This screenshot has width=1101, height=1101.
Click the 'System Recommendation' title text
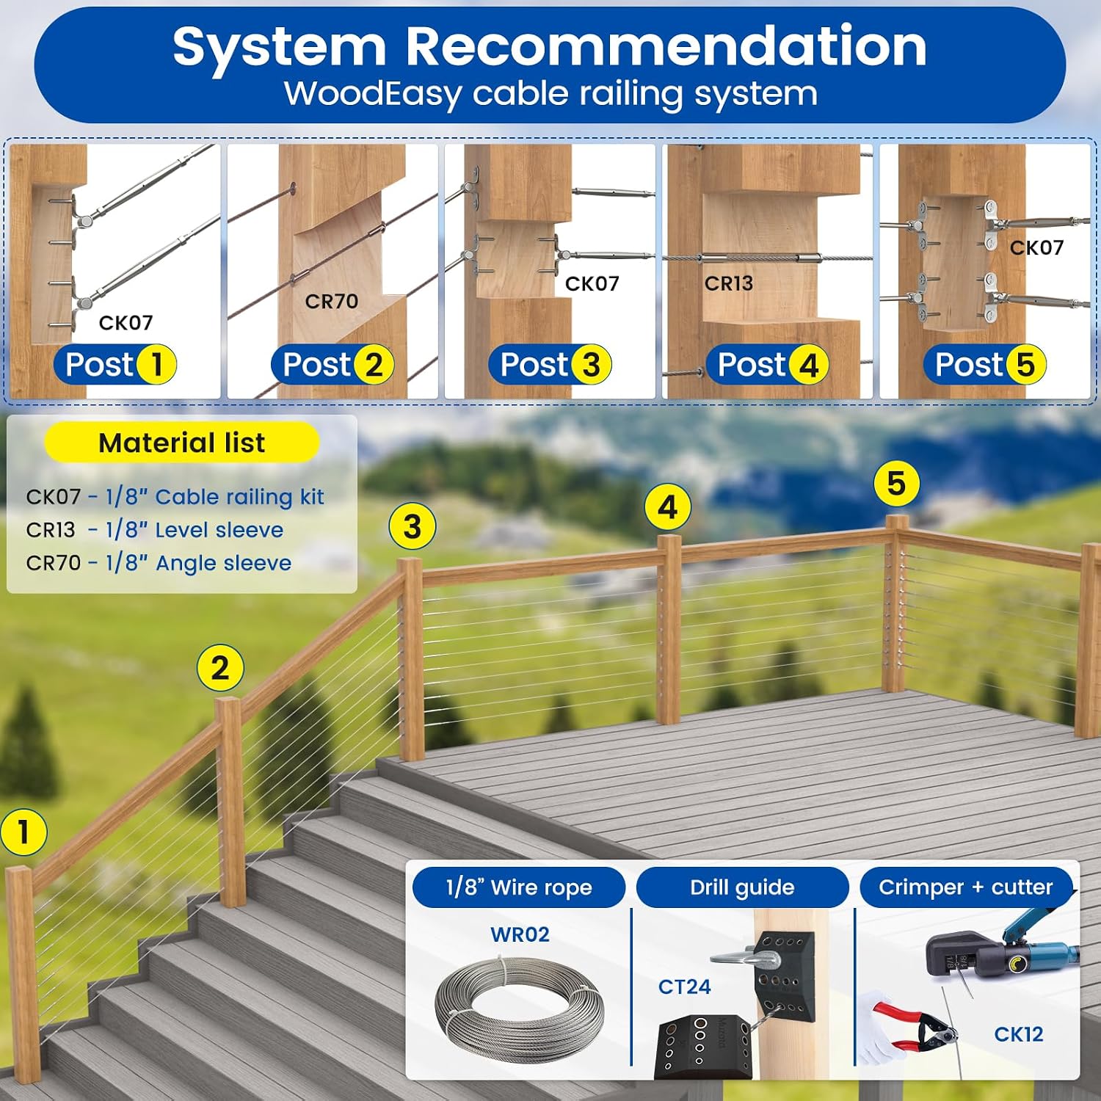[550, 46]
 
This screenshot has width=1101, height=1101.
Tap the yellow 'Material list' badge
[182, 443]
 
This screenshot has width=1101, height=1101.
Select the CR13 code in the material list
[51, 530]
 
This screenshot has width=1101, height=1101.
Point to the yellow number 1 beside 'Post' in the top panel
[156, 364]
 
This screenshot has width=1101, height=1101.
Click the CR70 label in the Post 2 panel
[332, 301]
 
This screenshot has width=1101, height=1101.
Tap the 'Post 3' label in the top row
[550, 364]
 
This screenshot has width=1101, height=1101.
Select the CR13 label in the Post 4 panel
[729, 283]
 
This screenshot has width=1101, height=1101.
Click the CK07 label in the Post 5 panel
[1036, 247]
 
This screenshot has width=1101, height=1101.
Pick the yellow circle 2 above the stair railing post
[220, 668]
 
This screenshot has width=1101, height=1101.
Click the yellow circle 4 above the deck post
[667, 507]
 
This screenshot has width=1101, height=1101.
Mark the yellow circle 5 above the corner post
[896, 484]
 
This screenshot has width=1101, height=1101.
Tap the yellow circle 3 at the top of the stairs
[413, 526]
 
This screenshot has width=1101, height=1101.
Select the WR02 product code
[520, 934]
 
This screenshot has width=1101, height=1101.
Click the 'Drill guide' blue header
[742, 887]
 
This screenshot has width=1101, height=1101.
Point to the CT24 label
[684, 986]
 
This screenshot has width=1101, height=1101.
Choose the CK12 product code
[1019, 1034]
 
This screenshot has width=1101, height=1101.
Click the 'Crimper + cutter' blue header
[966, 887]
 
